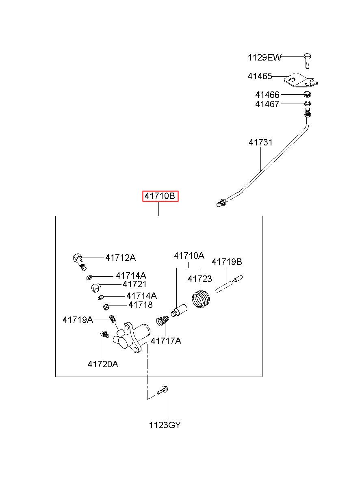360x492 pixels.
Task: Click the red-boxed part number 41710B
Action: [x=160, y=196]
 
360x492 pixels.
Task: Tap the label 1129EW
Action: [x=265, y=58]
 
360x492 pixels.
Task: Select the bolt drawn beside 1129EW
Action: [x=308, y=61]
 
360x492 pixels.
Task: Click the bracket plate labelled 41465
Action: [x=300, y=80]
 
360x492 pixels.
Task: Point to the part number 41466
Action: [x=267, y=95]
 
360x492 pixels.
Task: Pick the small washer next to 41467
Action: [x=307, y=103]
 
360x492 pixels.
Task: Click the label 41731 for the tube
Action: [x=260, y=143]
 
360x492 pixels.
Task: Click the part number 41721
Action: [x=134, y=284]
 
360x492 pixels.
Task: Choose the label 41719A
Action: [x=78, y=320]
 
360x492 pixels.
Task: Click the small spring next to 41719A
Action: [x=113, y=318]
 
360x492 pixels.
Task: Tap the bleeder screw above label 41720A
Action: [x=104, y=334]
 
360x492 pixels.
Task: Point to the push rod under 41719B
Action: [x=229, y=284]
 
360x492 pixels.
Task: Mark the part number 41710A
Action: [x=189, y=256]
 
